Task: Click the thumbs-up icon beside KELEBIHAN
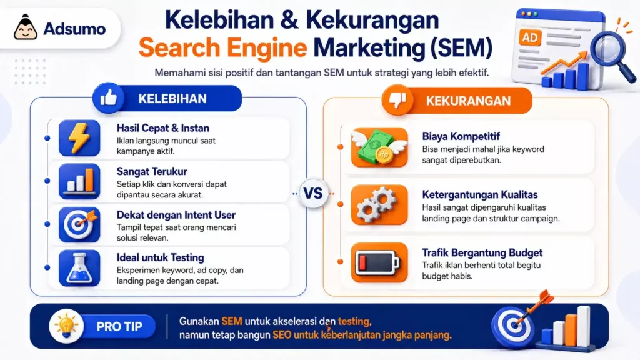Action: point(108,98)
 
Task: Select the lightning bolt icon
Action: point(79,137)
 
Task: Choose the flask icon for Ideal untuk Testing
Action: point(79,267)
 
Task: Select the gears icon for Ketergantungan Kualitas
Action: point(371,204)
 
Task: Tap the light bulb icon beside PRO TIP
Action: point(66,326)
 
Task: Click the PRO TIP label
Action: point(119,326)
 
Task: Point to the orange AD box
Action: point(530,37)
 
